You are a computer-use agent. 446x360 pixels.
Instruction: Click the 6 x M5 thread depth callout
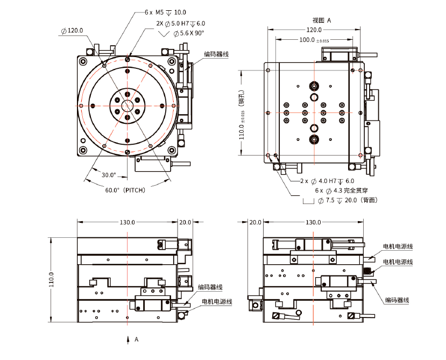coord(165,11)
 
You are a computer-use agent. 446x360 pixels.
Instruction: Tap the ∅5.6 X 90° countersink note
coord(188,33)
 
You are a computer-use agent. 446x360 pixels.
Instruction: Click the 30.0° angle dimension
coord(109,174)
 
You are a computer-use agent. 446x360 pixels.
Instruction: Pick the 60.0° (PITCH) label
coord(125,190)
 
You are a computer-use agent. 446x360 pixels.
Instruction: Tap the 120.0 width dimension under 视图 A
coord(314,30)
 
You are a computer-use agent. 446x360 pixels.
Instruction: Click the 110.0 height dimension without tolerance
coord(53,279)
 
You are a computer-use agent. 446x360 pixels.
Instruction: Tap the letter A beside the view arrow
coord(137,340)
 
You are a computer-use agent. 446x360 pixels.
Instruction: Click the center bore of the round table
coord(128,105)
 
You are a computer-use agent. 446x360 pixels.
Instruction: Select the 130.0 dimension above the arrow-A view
coord(128,222)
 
